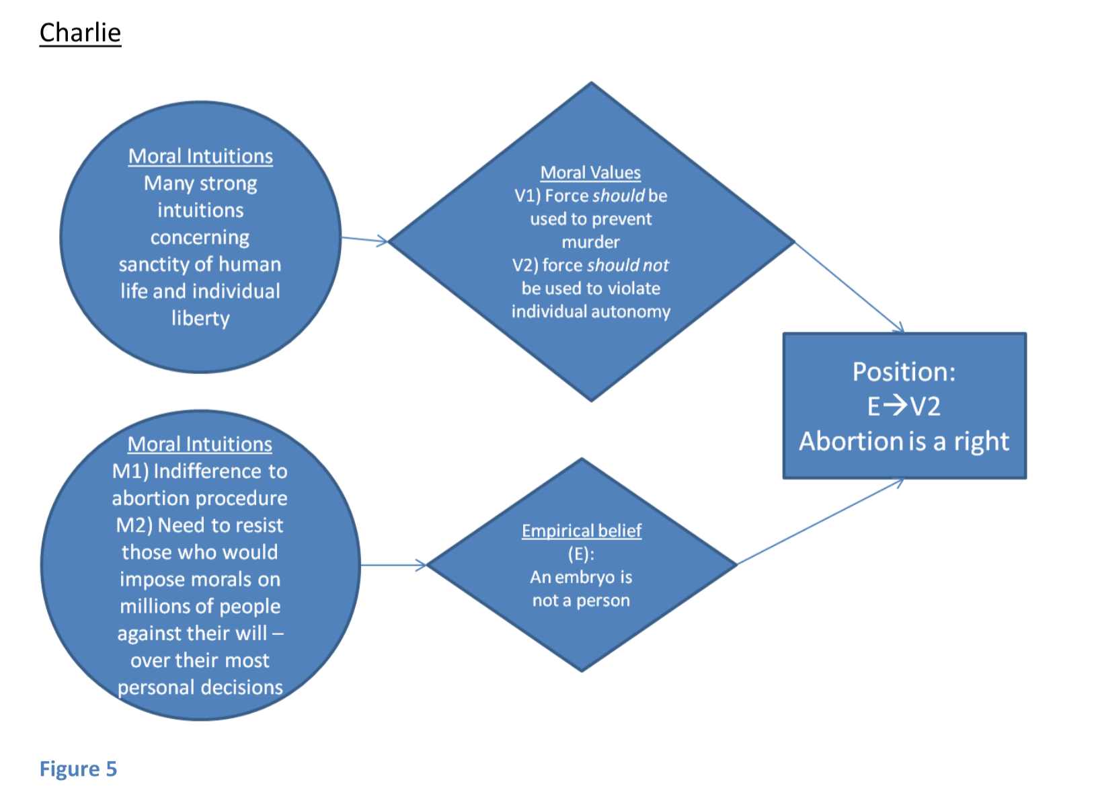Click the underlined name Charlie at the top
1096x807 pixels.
[80, 32]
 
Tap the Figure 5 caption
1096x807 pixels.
[78, 768]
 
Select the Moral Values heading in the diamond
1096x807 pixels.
[590, 172]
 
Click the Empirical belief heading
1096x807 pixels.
[582, 531]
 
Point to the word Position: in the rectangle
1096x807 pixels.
[904, 372]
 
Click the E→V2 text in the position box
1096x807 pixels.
[904, 406]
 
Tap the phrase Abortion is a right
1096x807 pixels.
[904, 441]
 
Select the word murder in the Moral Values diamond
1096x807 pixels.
[590, 241]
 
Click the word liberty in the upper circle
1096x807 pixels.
[200, 318]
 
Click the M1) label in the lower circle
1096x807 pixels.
[130, 471]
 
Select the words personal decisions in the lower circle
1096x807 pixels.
[200, 687]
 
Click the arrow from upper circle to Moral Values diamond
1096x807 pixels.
[364, 239]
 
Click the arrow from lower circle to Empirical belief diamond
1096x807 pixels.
[393, 565]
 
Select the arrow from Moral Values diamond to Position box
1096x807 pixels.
[849, 287]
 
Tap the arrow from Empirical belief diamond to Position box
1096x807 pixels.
[820, 522]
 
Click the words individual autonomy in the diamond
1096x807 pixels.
[590, 311]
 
